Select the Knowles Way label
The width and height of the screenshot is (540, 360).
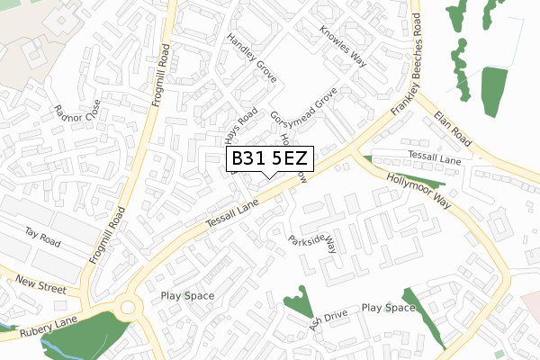coord(344,44)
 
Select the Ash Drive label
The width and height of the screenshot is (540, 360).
coord(328,321)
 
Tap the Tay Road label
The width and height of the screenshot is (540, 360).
coord(42,237)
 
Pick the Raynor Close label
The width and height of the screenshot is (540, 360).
coord(74,117)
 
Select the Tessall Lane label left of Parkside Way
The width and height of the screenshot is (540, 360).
coord(231,213)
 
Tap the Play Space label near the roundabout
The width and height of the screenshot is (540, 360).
coord(187,295)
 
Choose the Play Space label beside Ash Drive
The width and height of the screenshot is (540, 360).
coord(389,308)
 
